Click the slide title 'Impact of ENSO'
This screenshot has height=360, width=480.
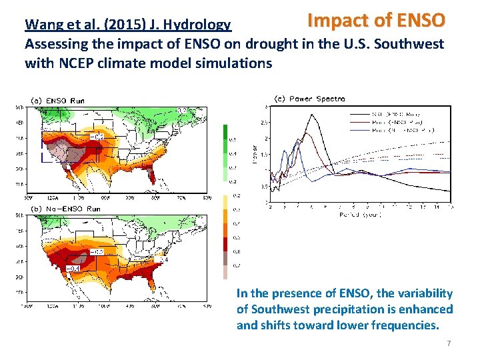(x=375, y=20)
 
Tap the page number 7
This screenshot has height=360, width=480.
(x=449, y=343)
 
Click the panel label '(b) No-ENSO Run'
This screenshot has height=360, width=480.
(x=66, y=209)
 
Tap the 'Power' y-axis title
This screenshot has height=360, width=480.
(x=253, y=153)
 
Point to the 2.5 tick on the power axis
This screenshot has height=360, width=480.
(x=265, y=123)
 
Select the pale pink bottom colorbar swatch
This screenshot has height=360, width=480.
(x=225, y=273)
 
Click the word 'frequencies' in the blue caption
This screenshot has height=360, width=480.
(x=406, y=325)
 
